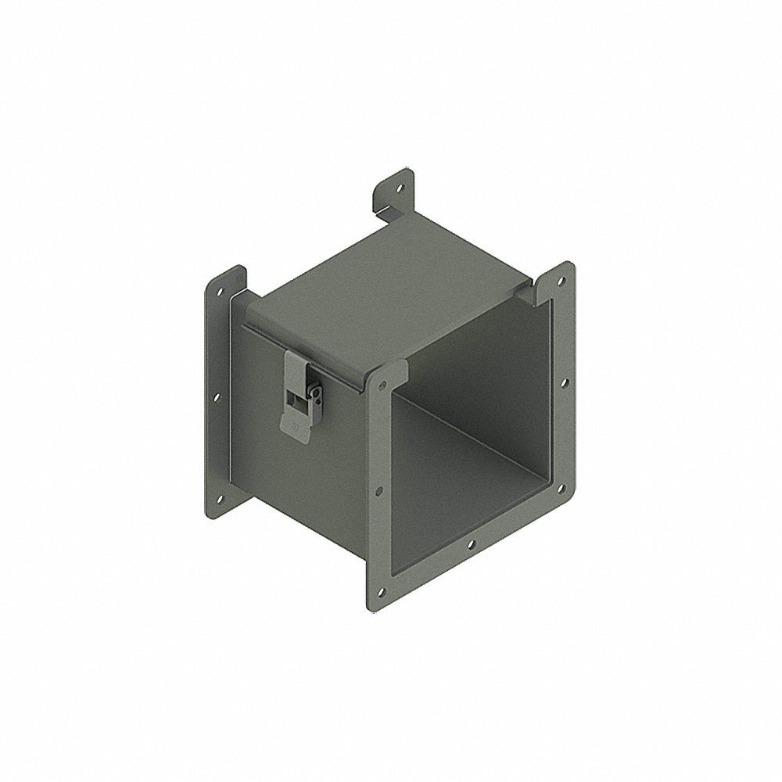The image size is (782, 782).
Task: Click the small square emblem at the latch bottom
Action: coord(294,426)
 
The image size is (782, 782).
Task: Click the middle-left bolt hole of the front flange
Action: coord(380,491)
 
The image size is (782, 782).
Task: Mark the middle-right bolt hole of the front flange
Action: coord(561,382)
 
